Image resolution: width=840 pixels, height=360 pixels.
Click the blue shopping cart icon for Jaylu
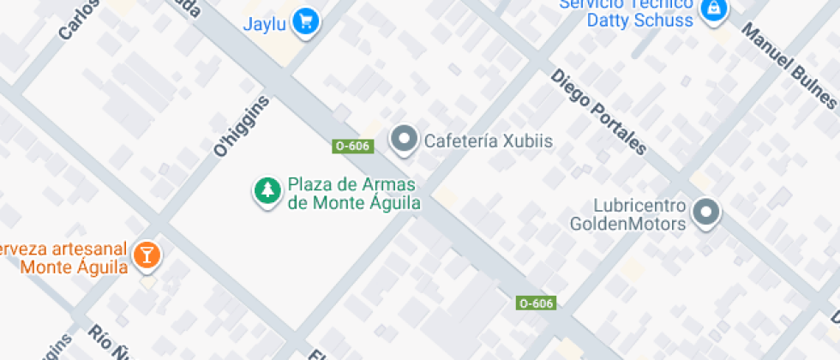[304, 22]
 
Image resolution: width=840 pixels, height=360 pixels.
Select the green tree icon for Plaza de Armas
[267, 192]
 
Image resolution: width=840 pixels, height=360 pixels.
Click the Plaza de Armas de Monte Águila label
[353, 194]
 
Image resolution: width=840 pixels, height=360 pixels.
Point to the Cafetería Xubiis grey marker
[404, 139]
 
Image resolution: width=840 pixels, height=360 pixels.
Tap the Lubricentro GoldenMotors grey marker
[706, 213]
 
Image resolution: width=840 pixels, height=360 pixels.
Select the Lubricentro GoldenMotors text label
[629, 215]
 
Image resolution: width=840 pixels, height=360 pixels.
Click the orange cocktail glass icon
[147, 255]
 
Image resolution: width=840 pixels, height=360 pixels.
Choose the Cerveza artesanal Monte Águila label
[64, 257]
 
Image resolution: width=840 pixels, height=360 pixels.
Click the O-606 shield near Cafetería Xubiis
[352, 146]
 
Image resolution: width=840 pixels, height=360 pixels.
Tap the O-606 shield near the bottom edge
[537, 303]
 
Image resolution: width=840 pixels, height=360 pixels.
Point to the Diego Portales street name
[598, 111]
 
